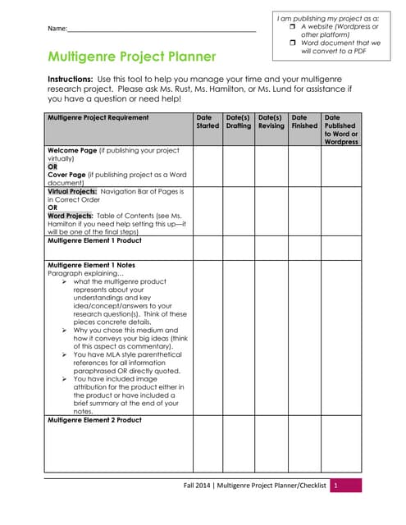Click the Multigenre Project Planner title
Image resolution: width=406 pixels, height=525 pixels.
(x=132, y=57)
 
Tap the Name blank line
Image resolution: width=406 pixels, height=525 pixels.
(x=162, y=29)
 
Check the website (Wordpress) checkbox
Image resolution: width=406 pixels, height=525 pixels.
(x=292, y=27)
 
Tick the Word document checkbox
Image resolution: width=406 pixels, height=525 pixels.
(x=292, y=43)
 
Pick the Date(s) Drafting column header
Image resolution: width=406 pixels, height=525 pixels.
(x=239, y=121)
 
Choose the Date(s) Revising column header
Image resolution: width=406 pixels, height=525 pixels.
(x=271, y=121)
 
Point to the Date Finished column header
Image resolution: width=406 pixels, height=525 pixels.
(x=304, y=121)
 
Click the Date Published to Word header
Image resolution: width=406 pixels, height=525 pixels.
(x=340, y=130)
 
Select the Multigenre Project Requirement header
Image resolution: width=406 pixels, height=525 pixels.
(x=98, y=117)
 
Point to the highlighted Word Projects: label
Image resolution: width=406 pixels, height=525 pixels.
(x=71, y=215)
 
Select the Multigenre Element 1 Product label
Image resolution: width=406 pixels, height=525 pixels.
(x=94, y=240)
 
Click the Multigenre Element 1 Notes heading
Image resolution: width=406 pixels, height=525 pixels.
(x=91, y=265)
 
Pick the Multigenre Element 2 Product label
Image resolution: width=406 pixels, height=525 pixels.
(x=94, y=420)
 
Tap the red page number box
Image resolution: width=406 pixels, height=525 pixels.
(x=335, y=486)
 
